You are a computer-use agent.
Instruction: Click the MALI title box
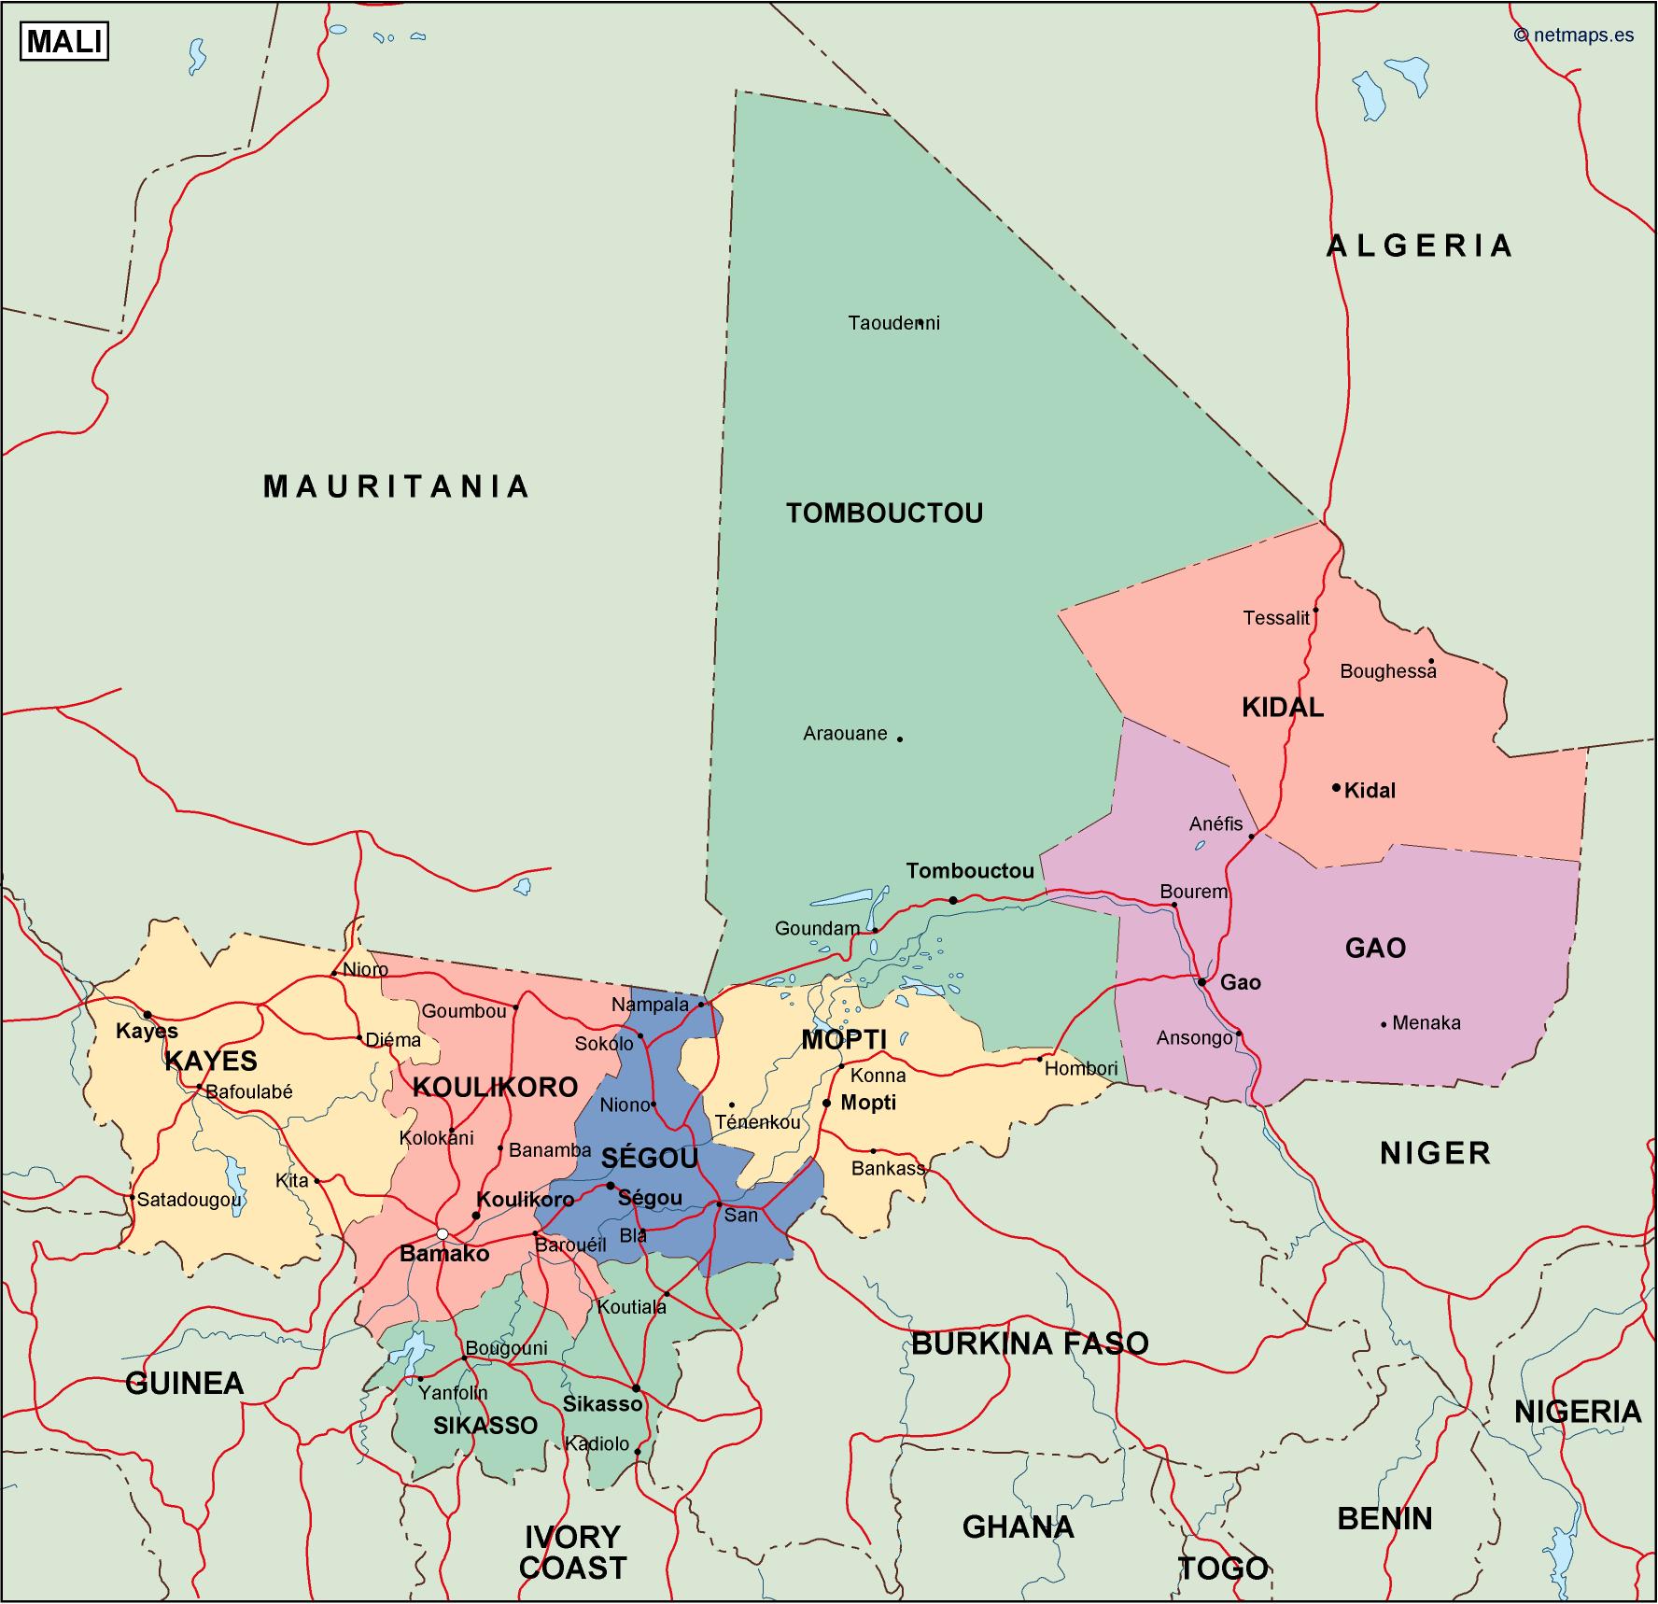64,42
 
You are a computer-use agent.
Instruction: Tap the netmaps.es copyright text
1574,35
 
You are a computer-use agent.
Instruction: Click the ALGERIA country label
1419,246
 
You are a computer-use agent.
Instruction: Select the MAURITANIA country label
397,486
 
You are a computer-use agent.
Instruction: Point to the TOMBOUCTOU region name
884,513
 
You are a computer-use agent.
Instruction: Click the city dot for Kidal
1336,787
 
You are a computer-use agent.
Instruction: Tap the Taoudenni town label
893,323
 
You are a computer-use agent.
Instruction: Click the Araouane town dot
900,739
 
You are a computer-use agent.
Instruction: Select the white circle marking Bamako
443,1233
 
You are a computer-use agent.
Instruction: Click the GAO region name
1375,949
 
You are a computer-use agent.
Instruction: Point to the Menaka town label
1426,1023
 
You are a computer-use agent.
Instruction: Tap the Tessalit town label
1276,617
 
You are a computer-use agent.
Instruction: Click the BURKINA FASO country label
1030,1343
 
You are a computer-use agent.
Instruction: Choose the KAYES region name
211,1061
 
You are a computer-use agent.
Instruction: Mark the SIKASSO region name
485,1425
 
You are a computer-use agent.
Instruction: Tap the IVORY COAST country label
572,1552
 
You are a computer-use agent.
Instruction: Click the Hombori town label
1080,1069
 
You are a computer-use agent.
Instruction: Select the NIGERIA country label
1578,1411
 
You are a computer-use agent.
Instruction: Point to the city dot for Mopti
826,1104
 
